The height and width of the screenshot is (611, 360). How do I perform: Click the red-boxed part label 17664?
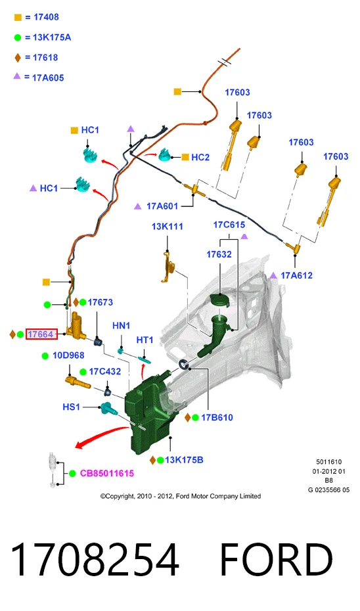(41, 334)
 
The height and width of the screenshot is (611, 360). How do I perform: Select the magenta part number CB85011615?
(107, 474)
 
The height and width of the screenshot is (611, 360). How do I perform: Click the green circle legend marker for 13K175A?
(18, 38)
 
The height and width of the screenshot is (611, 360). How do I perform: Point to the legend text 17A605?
(48, 78)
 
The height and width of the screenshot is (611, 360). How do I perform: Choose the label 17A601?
(162, 206)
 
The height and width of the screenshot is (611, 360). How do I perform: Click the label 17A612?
(296, 275)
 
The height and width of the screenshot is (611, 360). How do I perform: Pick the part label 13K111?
(167, 227)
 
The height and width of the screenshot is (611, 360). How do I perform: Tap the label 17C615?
(229, 225)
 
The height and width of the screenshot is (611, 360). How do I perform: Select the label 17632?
(219, 254)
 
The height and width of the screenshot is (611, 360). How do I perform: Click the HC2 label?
(200, 158)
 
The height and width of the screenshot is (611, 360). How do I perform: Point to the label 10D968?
(68, 355)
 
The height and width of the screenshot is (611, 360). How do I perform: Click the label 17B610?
(217, 418)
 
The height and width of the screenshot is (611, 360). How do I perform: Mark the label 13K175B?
(184, 460)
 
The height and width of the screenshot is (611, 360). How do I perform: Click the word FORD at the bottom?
(276, 559)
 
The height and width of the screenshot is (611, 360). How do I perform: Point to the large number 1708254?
(95, 560)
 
